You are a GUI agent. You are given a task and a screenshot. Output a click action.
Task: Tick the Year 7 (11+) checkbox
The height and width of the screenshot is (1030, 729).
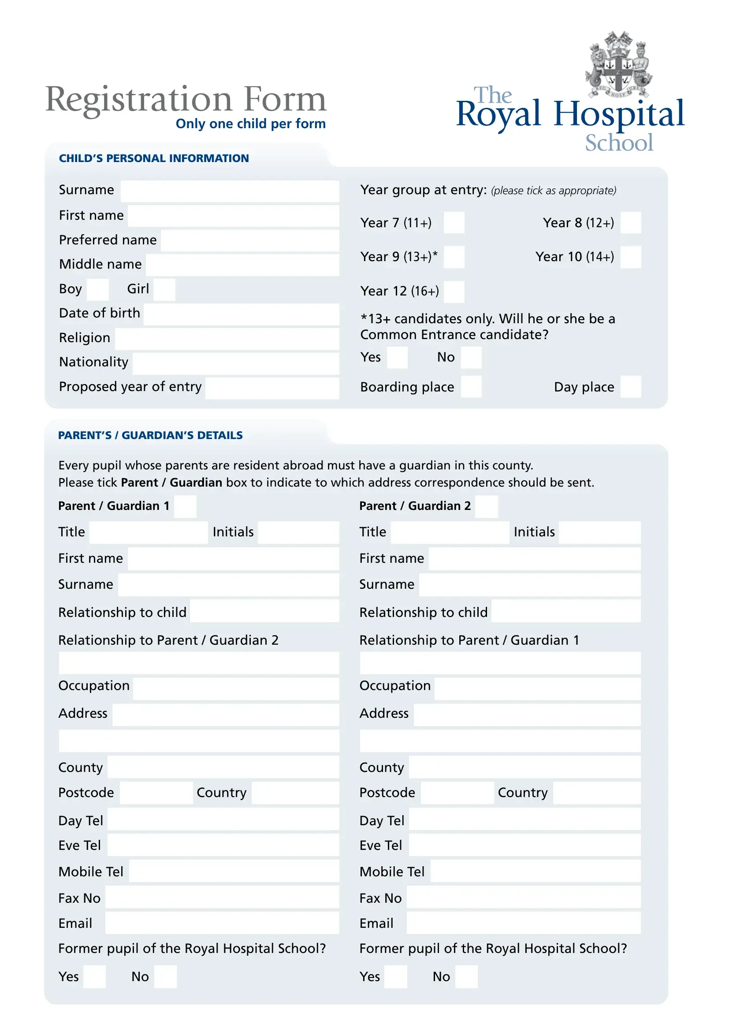coord(454,222)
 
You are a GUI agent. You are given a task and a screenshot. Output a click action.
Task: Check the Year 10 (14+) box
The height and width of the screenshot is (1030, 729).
coord(631,257)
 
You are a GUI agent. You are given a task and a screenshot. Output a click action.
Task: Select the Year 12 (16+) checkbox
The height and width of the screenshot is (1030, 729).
coord(454,292)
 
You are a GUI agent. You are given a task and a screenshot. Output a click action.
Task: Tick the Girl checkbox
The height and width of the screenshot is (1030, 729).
coord(164,289)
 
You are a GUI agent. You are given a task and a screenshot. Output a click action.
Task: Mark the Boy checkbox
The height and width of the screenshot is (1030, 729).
coord(98,289)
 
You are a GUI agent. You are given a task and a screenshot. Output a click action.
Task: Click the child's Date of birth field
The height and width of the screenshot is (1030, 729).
coord(241,314)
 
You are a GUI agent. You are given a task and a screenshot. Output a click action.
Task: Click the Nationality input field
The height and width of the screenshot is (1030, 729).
coord(236,363)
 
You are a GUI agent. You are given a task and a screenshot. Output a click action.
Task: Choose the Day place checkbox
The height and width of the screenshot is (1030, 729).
coord(631,387)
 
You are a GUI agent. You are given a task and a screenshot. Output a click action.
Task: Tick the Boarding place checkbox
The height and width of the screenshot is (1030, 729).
coord(471,387)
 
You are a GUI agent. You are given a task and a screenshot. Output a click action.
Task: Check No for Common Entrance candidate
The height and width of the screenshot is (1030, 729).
coord(471,358)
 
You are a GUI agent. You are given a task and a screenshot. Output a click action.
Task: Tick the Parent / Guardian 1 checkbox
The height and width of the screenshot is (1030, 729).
coord(185,506)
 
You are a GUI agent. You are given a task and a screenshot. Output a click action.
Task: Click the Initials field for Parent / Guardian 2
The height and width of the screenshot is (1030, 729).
coord(599,532)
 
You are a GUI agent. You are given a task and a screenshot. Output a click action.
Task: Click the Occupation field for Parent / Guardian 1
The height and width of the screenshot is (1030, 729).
coord(236,689)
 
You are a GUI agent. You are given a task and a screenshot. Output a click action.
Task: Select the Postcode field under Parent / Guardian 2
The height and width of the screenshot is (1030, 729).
coord(457,793)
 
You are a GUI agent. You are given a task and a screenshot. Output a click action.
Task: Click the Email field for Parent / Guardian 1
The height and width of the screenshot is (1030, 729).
coord(222,923)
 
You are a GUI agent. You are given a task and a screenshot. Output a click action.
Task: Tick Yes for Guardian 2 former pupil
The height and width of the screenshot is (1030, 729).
coord(395,977)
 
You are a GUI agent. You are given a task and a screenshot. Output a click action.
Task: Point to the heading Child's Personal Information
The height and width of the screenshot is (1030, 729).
coord(153,159)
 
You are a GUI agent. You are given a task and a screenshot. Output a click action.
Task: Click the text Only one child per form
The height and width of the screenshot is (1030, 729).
coord(250,124)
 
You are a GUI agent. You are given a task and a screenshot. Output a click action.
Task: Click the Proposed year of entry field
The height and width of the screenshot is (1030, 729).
coord(272,388)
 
